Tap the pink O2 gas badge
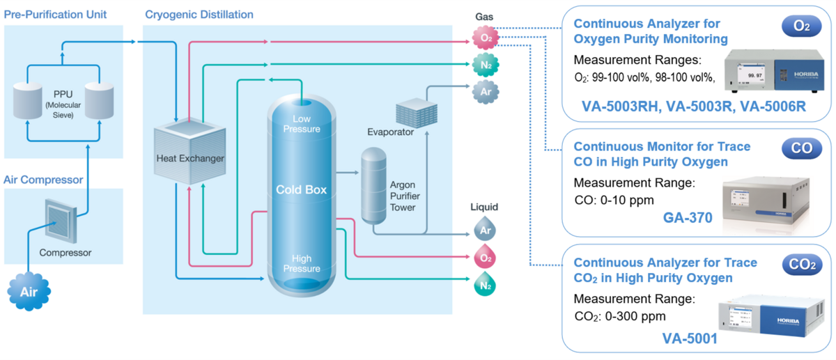click(485, 38)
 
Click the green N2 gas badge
click(485, 64)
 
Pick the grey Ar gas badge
click(485, 91)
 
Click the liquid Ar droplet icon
click(485, 228)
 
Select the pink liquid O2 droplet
click(485, 257)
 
